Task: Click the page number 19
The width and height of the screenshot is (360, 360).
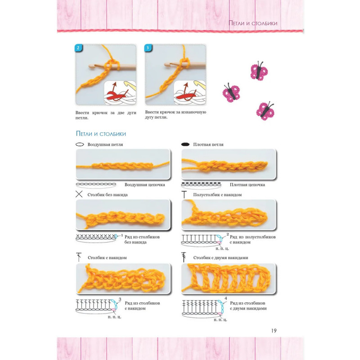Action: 274,331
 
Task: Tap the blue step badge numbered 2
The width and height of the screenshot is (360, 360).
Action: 78,48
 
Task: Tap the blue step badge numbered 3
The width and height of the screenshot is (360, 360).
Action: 148,48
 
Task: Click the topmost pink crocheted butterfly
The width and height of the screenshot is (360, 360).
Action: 259,71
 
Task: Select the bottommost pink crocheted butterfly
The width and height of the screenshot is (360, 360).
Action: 265,111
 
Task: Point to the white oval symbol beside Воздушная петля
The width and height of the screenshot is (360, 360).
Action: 80,144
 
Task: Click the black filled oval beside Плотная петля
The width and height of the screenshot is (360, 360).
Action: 185,144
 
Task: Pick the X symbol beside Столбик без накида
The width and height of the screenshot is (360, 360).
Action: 79,194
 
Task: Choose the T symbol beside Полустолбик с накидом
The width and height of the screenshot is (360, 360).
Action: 184,194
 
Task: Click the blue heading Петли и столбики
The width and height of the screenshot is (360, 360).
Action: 101,134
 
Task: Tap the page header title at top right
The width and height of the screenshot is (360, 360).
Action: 253,23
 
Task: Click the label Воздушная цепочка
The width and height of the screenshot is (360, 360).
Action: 144,184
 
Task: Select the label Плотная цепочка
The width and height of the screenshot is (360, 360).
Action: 247,184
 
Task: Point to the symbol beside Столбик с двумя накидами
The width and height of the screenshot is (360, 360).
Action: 184,257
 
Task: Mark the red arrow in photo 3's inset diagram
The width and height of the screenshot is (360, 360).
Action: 186,88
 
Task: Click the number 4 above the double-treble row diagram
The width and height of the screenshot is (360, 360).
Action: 226,298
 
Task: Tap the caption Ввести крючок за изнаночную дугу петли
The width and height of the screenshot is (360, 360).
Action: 175,115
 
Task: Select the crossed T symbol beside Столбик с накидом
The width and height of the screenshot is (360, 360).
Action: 79,257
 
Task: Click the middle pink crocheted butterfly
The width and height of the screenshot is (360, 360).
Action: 231,93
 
